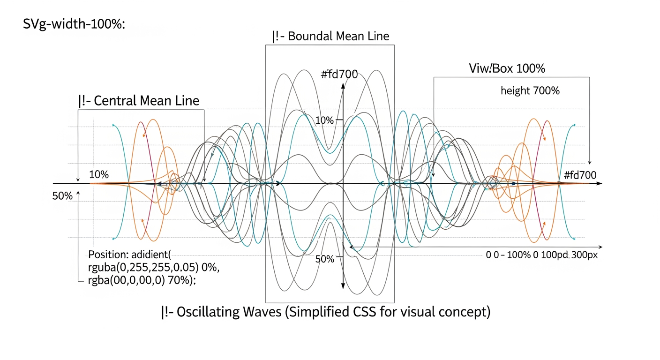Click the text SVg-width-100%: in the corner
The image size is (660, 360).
click(74, 25)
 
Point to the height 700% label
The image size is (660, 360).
click(530, 91)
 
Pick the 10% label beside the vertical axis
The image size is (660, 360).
click(324, 120)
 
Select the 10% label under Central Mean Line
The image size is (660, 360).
click(98, 175)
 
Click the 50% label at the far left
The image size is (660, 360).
click(62, 196)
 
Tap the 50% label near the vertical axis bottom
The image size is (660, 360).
click(324, 258)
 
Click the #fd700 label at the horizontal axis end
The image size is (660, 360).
click(580, 175)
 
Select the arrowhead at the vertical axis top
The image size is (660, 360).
click(343, 86)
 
